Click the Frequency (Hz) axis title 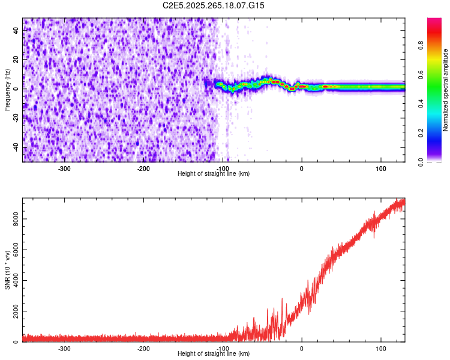tap(7, 90)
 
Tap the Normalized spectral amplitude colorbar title tap(446, 90)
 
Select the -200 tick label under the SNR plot tap(143, 349)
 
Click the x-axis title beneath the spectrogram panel tap(214, 174)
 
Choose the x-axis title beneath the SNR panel tap(214, 354)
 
